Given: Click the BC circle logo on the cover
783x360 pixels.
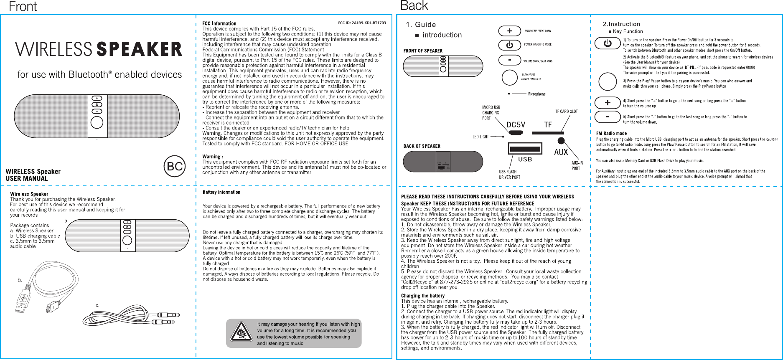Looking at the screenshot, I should (175, 167).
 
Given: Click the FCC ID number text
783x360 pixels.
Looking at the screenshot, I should (362, 23).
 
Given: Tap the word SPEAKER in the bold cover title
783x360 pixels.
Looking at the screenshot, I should (140, 50).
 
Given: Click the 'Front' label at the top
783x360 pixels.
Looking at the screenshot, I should (23, 7).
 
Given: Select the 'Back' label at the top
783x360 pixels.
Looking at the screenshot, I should (414, 6).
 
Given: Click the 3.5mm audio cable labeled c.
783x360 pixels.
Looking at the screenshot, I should (138, 316).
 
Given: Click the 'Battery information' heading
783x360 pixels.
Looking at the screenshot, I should (221, 192).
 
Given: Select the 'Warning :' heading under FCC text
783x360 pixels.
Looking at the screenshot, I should (213, 157).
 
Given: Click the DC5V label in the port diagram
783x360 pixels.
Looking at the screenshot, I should (516, 125).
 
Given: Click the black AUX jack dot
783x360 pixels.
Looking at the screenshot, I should (561, 141).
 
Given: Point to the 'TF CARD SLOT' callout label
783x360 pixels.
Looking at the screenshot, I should (566, 112).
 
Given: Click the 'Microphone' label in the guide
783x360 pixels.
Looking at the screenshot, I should (536, 94).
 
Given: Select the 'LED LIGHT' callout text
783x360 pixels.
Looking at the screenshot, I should (480, 137).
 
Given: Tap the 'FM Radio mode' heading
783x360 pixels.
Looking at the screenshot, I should (611, 133).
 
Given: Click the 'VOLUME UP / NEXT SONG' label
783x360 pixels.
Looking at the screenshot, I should (538, 31).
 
